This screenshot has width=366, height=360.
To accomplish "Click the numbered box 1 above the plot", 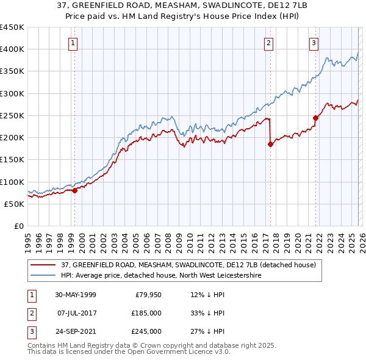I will pos(73,43).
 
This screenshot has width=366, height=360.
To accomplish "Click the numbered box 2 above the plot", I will pos(268,43).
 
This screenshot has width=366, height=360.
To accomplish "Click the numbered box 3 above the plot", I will pos(314,43).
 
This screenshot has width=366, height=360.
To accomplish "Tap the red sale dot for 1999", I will pos(74,190).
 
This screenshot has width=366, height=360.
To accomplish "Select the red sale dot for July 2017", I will pos(270,145).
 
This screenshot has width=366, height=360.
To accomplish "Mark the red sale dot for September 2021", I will pos(315,118).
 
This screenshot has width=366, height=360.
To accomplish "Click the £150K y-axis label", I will pos(12,160).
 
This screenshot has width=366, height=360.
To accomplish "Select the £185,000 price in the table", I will pos(146,313).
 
